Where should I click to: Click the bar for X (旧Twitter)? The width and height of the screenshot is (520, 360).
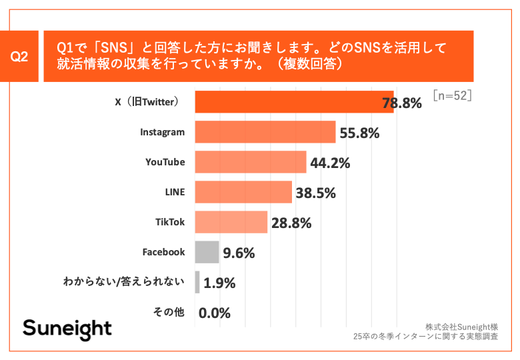(x=293, y=102)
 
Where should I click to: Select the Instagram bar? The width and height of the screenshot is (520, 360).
(x=265, y=132)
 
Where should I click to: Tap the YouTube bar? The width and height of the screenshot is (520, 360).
(x=250, y=162)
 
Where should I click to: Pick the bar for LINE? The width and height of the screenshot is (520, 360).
(x=243, y=192)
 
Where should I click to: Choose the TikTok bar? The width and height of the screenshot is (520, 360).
(x=231, y=222)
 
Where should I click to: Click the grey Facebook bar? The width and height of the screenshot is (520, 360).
(x=207, y=252)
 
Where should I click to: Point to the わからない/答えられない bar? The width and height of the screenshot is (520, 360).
(x=197, y=282)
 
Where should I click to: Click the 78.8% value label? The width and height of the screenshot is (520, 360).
(x=402, y=103)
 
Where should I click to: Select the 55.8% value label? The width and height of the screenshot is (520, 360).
(x=359, y=133)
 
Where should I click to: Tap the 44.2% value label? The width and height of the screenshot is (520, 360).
(x=331, y=163)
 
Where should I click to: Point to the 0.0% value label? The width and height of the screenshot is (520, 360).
(x=214, y=313)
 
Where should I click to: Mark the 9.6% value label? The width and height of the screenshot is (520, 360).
(x=239, y=253)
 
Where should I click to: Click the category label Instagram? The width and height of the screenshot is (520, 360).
(x=162, y=132)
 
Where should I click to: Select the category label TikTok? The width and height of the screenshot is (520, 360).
(x=169, y=222)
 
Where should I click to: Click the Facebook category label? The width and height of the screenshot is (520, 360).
(x=163, y=252)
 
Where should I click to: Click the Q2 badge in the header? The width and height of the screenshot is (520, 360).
(x=20, y=57)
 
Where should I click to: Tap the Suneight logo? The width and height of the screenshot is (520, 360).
(x=67, y=329)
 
